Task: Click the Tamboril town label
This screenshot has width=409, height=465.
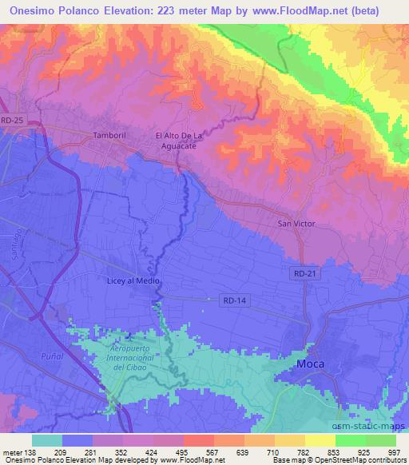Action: (110, 135)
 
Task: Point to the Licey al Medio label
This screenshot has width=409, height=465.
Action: (134, 281)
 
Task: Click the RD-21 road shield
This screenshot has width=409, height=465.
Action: (300, 273)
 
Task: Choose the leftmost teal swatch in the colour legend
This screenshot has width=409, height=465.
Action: (47, 440)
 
